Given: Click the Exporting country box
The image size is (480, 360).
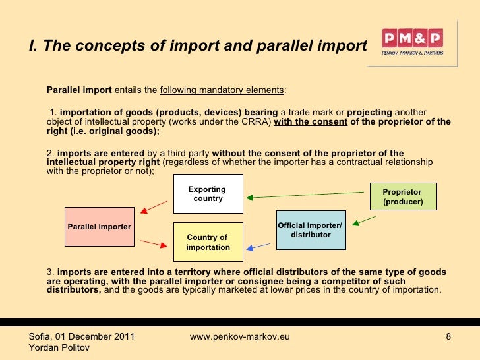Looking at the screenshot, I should pyautogui.click(x=208, y=194).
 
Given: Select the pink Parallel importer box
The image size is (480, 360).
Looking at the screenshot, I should pyautogui.click(x=100, y=227).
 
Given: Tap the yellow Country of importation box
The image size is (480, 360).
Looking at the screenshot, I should pyautogui.click(x=208, y=242).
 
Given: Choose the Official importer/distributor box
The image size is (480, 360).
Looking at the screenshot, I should pyautogui.click(x=310, y=230).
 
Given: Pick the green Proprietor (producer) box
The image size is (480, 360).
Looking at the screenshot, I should pyautogui.click(x=402, y=196).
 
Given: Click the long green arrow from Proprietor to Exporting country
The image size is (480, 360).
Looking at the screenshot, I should pyautogui.click(x=307, y=195).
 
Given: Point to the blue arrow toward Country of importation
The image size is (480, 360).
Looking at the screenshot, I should pyautogui.click(x=258, y=247).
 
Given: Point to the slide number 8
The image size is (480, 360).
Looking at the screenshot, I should pyautogui.click(x=448, y=337).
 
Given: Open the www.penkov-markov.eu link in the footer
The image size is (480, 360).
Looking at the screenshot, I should pyautogui.click(x=240, y=337).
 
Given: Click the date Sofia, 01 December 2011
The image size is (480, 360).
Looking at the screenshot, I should pyautogui.click(x=82, y=337).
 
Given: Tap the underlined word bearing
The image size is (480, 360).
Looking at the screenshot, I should pyautogui.click(x=260, y=112).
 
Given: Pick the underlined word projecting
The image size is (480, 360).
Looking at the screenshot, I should pyautogui.click(x=369, y=112).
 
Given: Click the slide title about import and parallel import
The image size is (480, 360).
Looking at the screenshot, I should pyautogui.click(x=197, y=46).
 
